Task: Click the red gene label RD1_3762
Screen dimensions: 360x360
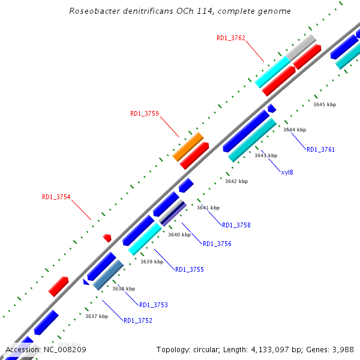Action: coord(231,38)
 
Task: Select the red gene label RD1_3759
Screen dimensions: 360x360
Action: coord(145,113)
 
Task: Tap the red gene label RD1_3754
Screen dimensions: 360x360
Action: coord(56,197)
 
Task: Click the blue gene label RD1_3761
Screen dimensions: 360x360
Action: coord(320,149)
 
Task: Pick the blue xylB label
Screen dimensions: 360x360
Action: coord(287,172)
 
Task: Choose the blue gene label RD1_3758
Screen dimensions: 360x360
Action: coord(236,225)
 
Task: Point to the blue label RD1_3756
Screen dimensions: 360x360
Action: coord(217,244)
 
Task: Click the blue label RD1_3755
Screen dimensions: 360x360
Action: coord(190,269)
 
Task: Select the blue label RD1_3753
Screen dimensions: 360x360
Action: coord(154,305)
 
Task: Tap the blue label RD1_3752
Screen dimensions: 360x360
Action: coord(138,320)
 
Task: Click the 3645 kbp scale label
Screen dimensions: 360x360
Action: coord(325,104)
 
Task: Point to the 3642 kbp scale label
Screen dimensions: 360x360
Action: coord(236,181)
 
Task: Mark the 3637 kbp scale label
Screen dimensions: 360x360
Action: coord(97,316)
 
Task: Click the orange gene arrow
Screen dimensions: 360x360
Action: coord(188,146)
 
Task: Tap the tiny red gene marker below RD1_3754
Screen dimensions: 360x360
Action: coord(107,238)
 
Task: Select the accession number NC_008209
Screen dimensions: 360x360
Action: coord(64,349)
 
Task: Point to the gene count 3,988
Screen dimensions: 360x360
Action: coord(340,349)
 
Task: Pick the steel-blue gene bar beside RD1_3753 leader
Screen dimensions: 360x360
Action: coord(109,275)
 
